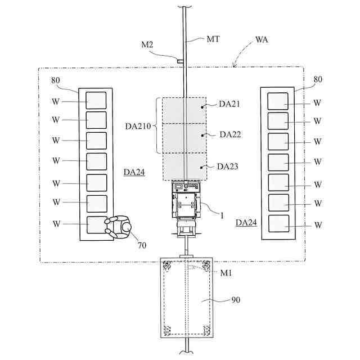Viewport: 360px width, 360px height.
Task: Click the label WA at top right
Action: point(262,40)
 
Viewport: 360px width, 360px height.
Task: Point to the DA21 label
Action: point(229,103)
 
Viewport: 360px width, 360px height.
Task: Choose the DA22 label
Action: point(230,134)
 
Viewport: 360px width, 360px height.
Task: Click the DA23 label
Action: point(228,166)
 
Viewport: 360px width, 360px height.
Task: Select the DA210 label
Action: point(138,127)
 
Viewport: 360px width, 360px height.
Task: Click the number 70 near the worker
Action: point(141,245)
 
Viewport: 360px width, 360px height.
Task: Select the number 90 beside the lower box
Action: point(236,300)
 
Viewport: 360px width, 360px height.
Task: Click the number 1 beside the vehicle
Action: point(221,214)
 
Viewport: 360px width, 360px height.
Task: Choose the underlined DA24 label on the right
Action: point(246,223)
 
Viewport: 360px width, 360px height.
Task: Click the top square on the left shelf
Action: point(96,100)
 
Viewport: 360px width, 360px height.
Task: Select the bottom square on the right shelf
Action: point(278,224)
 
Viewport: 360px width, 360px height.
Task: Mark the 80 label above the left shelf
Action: point(56,80)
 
